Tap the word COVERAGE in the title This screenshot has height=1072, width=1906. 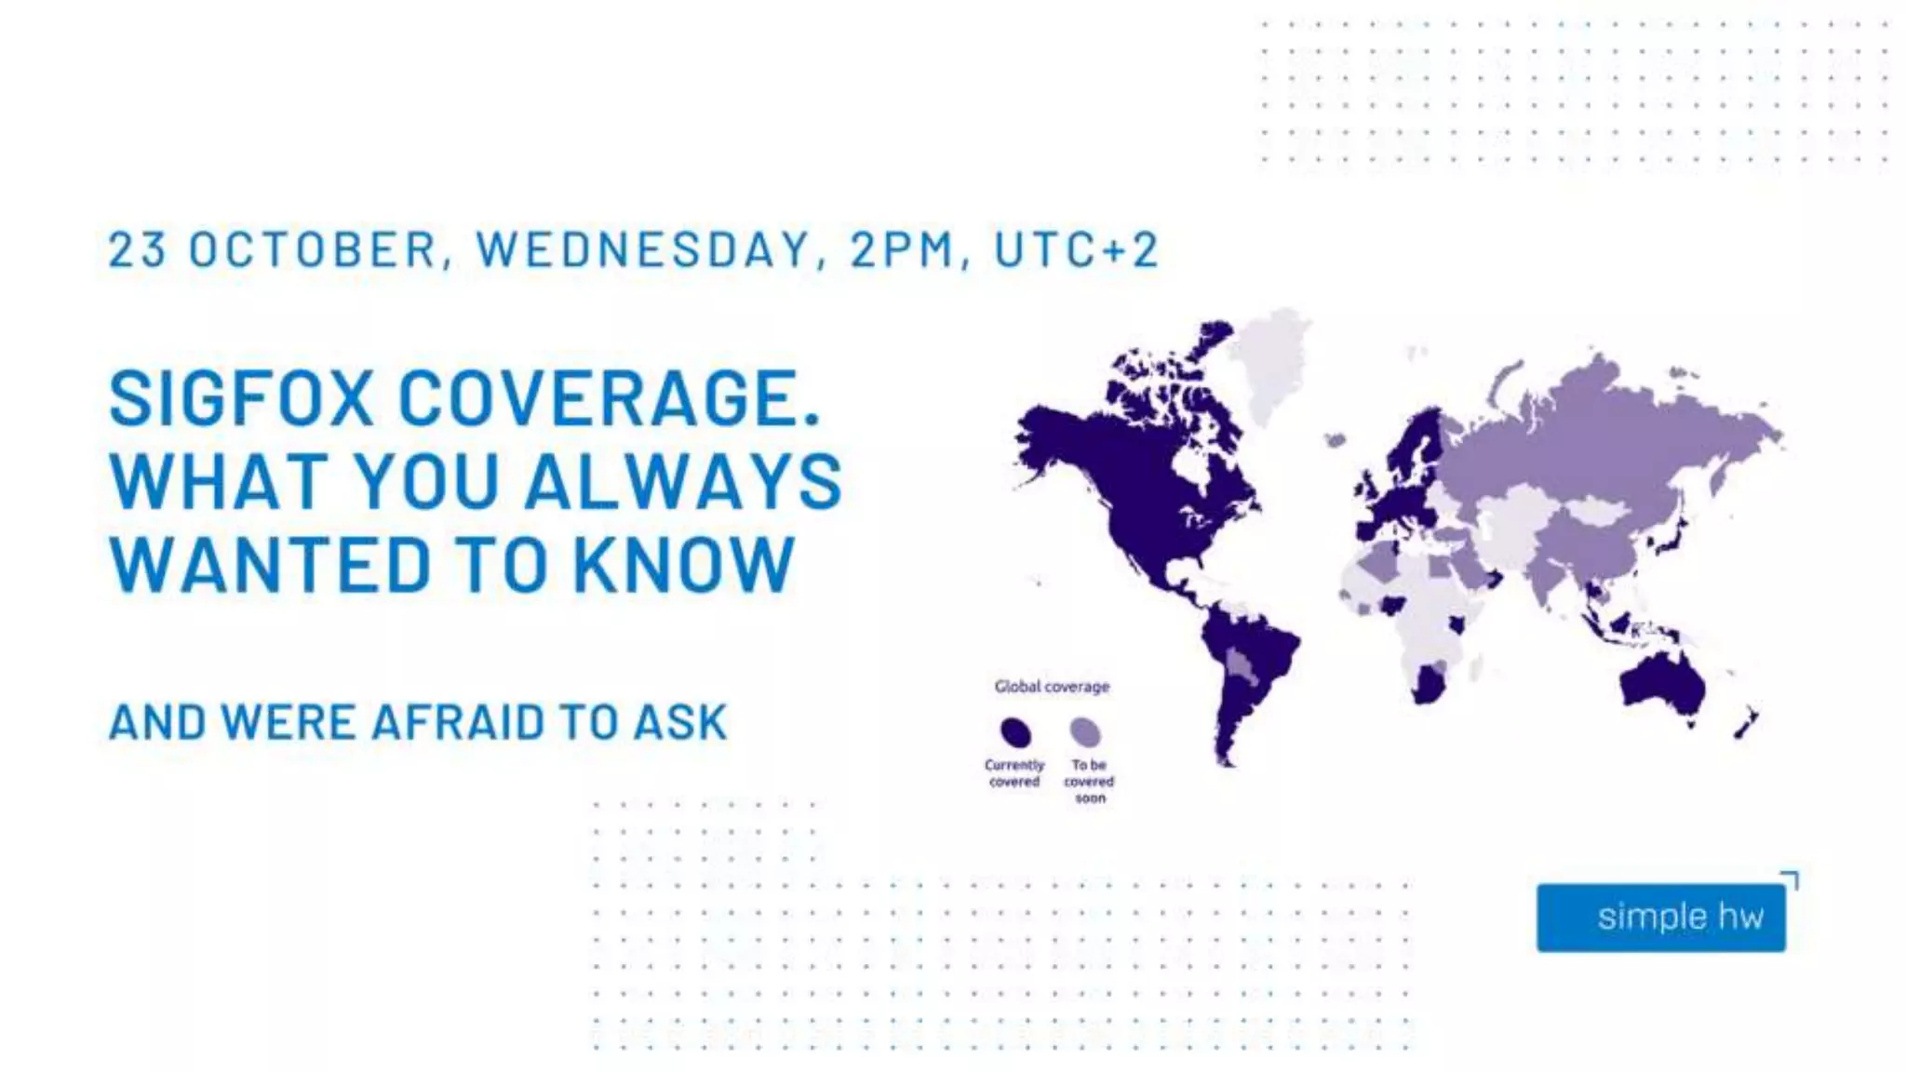(610, 398)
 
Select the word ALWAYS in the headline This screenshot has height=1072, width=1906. (684, 481)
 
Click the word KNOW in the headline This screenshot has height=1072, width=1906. (684, 564)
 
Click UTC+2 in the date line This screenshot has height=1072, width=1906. (1077, 249)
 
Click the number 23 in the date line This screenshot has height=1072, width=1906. (138, 249)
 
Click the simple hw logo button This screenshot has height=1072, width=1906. (1661, 917)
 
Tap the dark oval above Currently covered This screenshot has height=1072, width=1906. (1015, 732)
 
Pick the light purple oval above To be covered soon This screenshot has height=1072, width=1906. (1085, 731)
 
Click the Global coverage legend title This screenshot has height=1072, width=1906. (1052, 687)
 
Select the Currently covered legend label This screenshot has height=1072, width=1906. (1014, 773)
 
